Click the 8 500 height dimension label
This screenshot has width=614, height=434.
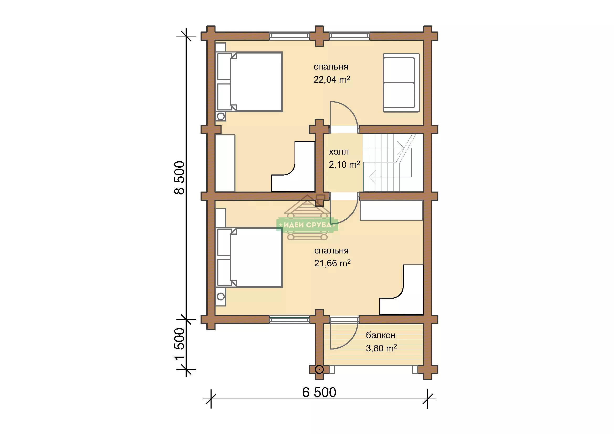(180, 177)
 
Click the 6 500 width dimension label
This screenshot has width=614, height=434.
(319, 392)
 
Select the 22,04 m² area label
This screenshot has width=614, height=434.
(332, 79)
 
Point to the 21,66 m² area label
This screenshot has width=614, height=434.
(332, 263)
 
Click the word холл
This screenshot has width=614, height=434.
(339, 152)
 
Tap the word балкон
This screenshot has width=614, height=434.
(381, 335)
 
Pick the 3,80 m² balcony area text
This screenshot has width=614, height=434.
(381, 348)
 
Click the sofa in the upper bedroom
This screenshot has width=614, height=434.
(401, 83)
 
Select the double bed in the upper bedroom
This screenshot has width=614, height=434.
(249, 82)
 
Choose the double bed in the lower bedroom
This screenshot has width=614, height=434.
(249, 257)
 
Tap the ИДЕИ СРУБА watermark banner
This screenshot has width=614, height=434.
(307, 225)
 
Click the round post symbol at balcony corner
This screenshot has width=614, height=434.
(319, 370)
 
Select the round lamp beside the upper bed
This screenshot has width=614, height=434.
(221, 117)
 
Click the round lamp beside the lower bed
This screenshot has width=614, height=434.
(221, 296)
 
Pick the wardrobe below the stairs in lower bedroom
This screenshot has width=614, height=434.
(391, 211)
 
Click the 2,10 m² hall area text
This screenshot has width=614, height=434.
(344, 165)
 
